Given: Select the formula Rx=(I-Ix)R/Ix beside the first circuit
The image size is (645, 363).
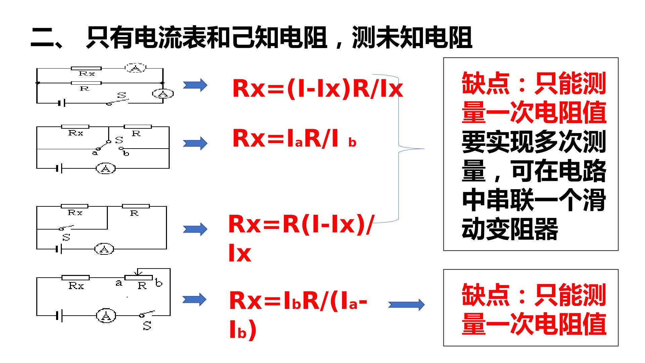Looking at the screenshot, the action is (317, 89).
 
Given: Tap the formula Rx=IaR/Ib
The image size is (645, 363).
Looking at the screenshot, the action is (294, 138).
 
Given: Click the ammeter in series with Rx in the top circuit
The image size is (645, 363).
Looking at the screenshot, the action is (136, 68).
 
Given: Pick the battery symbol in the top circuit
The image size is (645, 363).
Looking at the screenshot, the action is (61, 103).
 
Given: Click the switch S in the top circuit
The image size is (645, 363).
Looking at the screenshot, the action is (118, 99).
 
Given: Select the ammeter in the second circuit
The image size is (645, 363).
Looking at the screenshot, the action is (106, 168).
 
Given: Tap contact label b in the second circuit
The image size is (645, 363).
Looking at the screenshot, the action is (126, 154).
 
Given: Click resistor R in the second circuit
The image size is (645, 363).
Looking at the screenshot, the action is (138, 127).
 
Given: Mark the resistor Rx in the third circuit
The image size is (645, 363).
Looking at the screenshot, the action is (75, 206).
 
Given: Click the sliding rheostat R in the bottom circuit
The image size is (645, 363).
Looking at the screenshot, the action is (138, 277).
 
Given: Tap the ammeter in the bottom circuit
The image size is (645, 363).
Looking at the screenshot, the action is (106, 316).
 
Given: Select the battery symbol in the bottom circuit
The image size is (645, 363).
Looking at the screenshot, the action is (59, 316).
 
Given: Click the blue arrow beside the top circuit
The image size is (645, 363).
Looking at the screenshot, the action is (195, 85).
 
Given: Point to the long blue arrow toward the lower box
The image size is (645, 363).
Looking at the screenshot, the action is (406, 305).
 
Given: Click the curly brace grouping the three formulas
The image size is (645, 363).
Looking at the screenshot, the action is (399, 148).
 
